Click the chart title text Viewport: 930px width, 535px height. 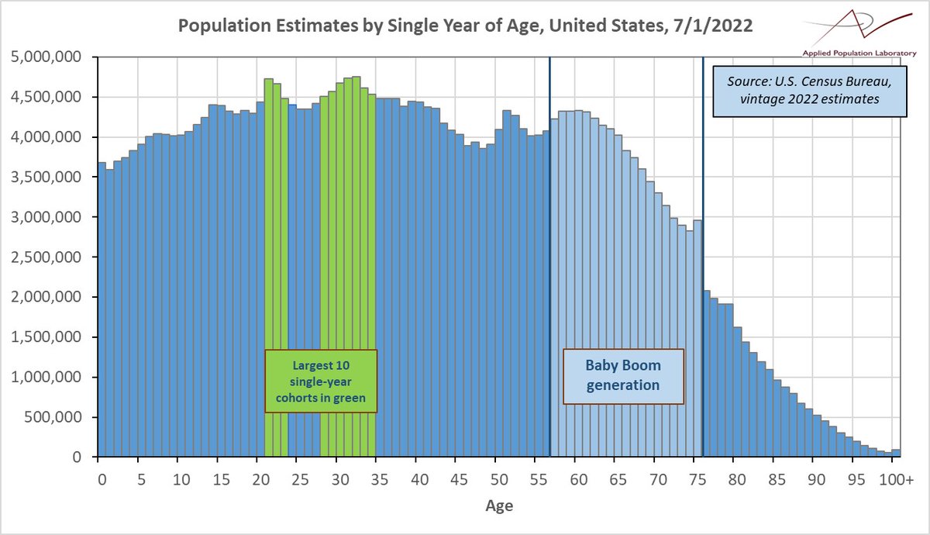465,25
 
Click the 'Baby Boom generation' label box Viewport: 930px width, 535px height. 623,375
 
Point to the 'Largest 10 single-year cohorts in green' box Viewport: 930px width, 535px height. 320,381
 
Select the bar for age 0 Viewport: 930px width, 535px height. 102,310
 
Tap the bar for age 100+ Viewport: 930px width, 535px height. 896,453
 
